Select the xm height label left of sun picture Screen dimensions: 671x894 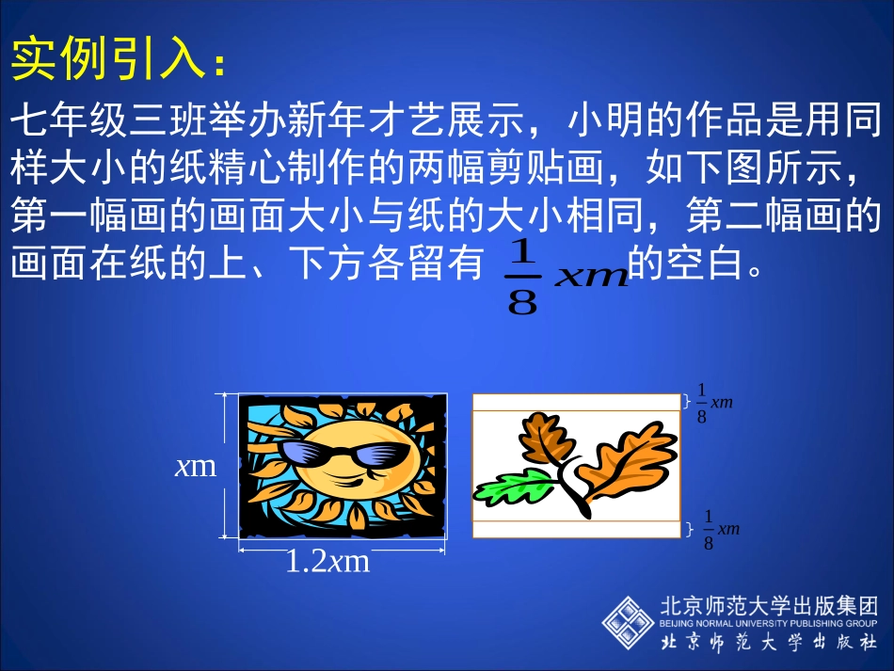(x=195, y=465)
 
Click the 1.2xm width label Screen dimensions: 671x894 (x=327, y=562)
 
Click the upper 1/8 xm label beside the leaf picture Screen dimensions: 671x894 (x=714, y=404)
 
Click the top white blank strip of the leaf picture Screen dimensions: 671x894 (x=575, y=402)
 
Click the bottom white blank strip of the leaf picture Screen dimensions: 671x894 (x=575, y=530)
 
